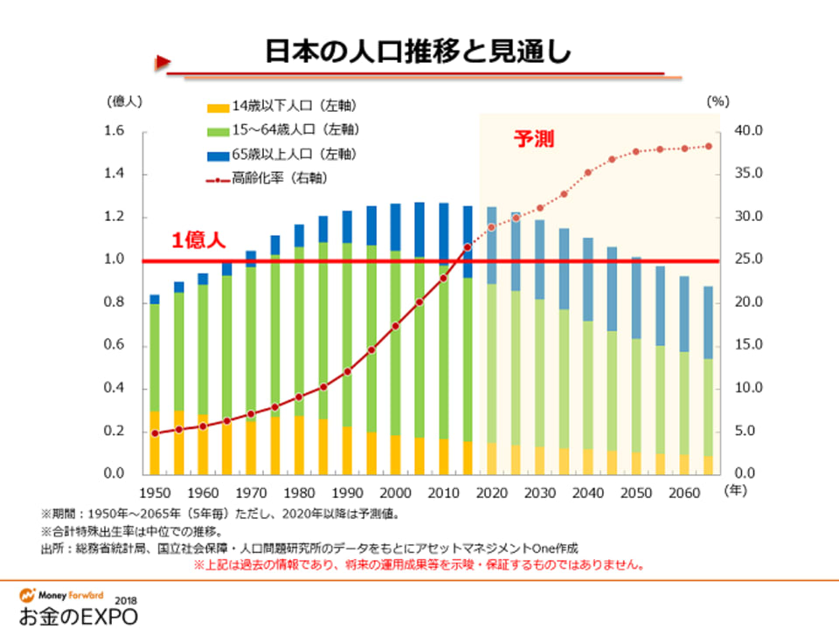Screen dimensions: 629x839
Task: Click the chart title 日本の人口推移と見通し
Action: click(x=419, y=52)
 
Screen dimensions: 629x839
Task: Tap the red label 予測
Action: click(x=533, y=139)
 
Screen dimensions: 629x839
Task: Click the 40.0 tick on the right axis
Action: click(x=750, y=131)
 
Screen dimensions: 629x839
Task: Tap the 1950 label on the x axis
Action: click(x=155, y=493)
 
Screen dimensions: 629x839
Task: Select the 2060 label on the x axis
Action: click(x=684, y=493)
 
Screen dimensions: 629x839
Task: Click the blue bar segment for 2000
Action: click(x=396, y=227)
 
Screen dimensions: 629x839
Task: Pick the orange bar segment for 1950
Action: click(x=155, y=442)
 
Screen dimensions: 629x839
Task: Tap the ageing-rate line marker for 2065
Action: click(x=709, y=146)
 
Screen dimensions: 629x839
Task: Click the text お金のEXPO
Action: click(x=77, y=614)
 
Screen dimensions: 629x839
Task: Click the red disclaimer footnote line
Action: click(x=419, y=564)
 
